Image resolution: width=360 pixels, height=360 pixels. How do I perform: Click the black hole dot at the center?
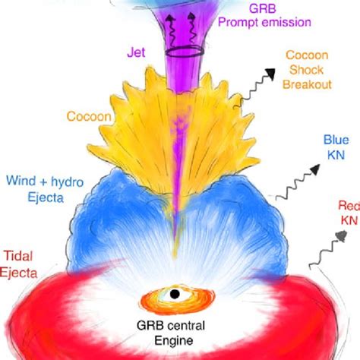click(175, 294)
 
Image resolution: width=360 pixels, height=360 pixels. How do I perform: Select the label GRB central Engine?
click(172, 333)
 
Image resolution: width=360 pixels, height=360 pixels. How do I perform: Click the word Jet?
click(136, 52)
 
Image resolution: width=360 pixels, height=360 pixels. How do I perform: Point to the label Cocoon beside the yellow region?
click(89, 116)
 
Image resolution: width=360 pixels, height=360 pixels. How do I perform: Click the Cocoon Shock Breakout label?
click(307, 70)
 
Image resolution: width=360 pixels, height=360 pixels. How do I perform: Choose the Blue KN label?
click(336, 147)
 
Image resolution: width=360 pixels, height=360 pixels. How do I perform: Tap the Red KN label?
click(350, 213)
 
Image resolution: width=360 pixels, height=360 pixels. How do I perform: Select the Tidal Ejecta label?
click(18, 264)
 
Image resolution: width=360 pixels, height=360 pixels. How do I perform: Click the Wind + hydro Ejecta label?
click(45, 189)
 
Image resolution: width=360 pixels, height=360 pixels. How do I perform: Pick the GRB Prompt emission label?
click(264, 16)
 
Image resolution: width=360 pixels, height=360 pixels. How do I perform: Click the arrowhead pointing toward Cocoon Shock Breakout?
click(270, 74)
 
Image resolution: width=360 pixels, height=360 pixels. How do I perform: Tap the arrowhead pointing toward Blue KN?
click(315, 169)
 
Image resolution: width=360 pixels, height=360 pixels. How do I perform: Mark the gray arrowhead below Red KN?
click(341, 235)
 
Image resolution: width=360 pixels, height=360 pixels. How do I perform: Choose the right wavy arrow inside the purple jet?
click(192, 28)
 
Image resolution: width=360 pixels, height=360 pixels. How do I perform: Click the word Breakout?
click(307, 84)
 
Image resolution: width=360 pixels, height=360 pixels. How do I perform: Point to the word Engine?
click(174, 341)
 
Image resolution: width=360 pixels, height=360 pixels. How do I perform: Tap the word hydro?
click(68, 182)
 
